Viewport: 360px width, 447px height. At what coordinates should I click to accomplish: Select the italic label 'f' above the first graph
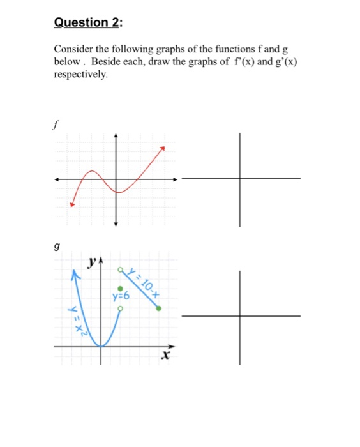57,125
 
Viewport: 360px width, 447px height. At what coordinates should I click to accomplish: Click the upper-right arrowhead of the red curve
163,148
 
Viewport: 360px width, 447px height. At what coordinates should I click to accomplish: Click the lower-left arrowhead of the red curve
72,204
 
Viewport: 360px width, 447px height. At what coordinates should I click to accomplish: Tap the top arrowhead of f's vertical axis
116,136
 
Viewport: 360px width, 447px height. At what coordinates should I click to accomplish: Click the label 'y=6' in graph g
121,297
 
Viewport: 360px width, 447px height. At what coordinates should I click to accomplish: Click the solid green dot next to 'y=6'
119,289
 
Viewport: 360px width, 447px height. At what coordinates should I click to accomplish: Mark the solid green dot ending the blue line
159,308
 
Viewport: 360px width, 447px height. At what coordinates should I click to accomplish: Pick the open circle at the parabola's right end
119,308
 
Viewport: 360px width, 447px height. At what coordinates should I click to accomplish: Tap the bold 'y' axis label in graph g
93,261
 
